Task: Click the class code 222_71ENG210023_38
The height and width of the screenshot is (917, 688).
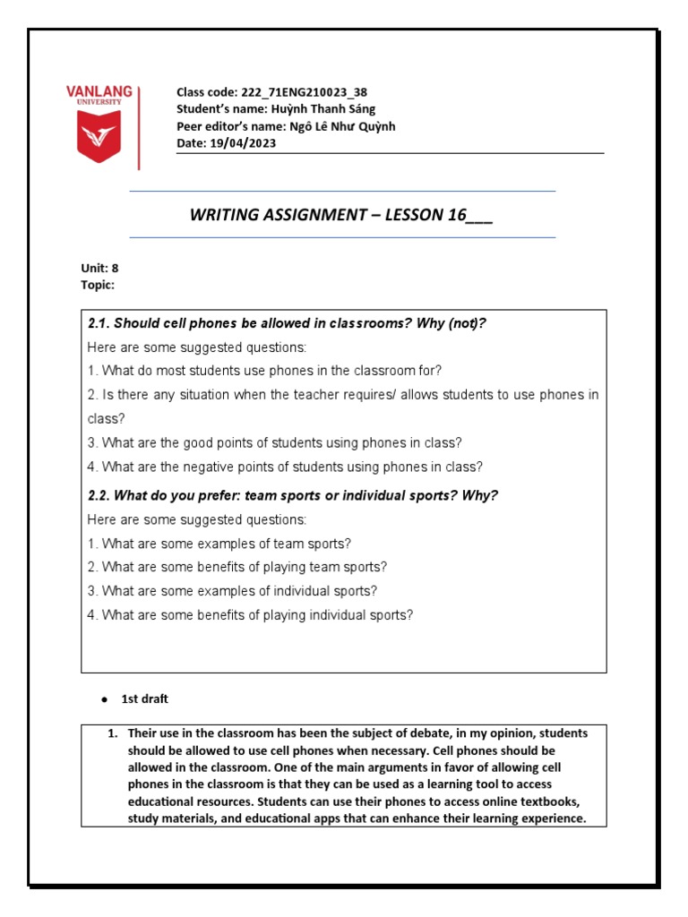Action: coord(303,92)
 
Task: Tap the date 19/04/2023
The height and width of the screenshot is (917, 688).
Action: coord(243,143)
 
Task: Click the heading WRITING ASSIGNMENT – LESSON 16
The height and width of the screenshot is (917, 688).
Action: coord(341,215)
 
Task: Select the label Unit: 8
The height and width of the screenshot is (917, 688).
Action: coord(99,268)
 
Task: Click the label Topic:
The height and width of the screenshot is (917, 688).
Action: coord(98,285)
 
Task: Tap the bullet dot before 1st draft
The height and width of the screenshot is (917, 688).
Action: coord(103,698)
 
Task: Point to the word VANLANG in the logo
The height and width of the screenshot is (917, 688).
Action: coord(99,91)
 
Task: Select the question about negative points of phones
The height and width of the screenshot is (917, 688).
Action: coord(285,467)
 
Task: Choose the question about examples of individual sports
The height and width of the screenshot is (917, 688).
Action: coord(232,591)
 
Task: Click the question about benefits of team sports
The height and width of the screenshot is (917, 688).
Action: coord(237,567)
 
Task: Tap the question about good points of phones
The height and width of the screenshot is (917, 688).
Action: coord(275,442)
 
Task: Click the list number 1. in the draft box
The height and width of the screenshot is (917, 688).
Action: coord(113,733)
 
